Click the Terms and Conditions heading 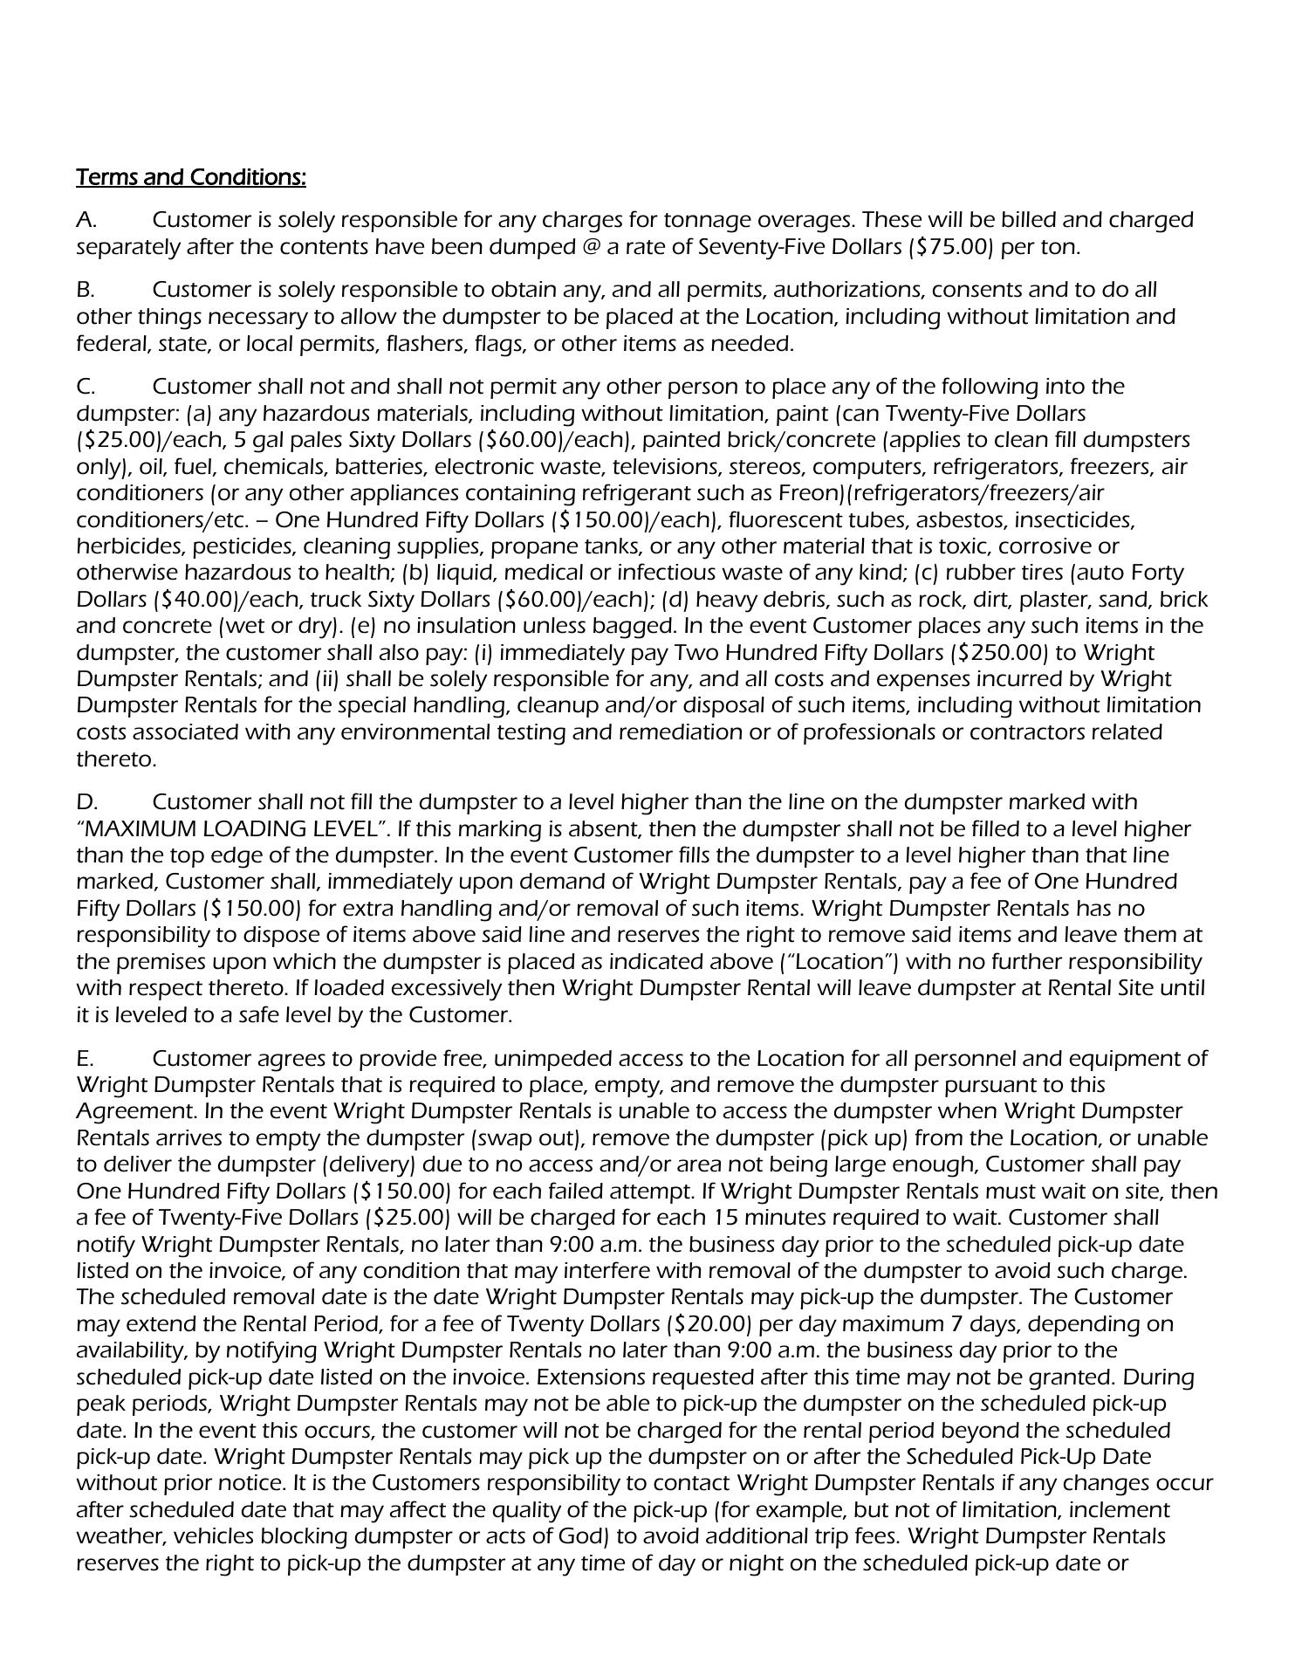coord(191,177)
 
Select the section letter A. coord(86,219)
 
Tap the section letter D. coord(86,801)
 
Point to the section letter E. coord(85,1059)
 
